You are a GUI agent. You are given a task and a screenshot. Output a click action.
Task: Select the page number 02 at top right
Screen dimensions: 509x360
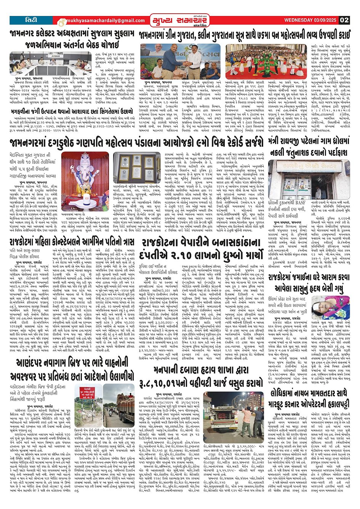coord(344,20)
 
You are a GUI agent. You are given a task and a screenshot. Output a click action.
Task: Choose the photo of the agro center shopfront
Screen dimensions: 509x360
coord(309,175)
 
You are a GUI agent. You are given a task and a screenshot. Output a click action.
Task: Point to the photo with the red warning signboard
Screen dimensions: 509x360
coord(87,405)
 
